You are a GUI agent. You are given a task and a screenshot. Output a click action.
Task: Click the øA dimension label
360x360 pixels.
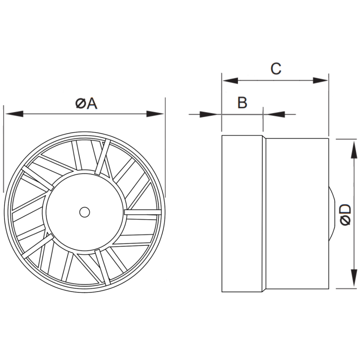[x=86, y=104]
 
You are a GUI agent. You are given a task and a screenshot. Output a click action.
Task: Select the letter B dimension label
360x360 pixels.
[x=242, y=103]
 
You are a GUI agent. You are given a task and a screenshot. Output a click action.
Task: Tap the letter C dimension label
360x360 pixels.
[x=275, y=69]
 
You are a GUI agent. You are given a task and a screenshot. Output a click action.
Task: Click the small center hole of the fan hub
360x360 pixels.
[x=84, y=211]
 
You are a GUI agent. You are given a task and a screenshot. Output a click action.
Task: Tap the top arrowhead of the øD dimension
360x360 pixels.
[x=351, y=146]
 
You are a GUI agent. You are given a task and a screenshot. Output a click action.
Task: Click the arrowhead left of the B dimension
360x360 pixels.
[x=214, y=114]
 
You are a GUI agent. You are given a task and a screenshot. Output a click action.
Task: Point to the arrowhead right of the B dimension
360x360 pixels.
[x=270, y=114]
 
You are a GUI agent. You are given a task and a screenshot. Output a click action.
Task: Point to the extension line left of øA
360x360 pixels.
[x=4, y=148]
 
